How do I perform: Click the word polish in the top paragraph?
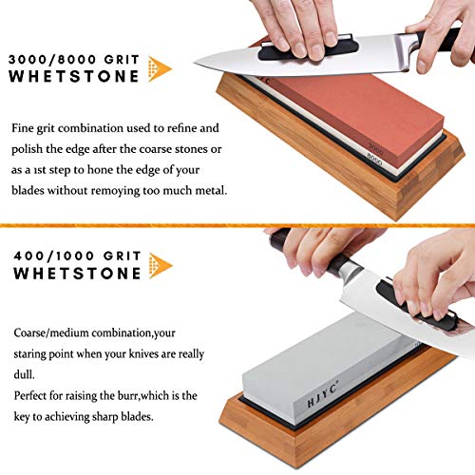click(x=29, y=147)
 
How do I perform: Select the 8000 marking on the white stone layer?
click(x=377, y=162)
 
